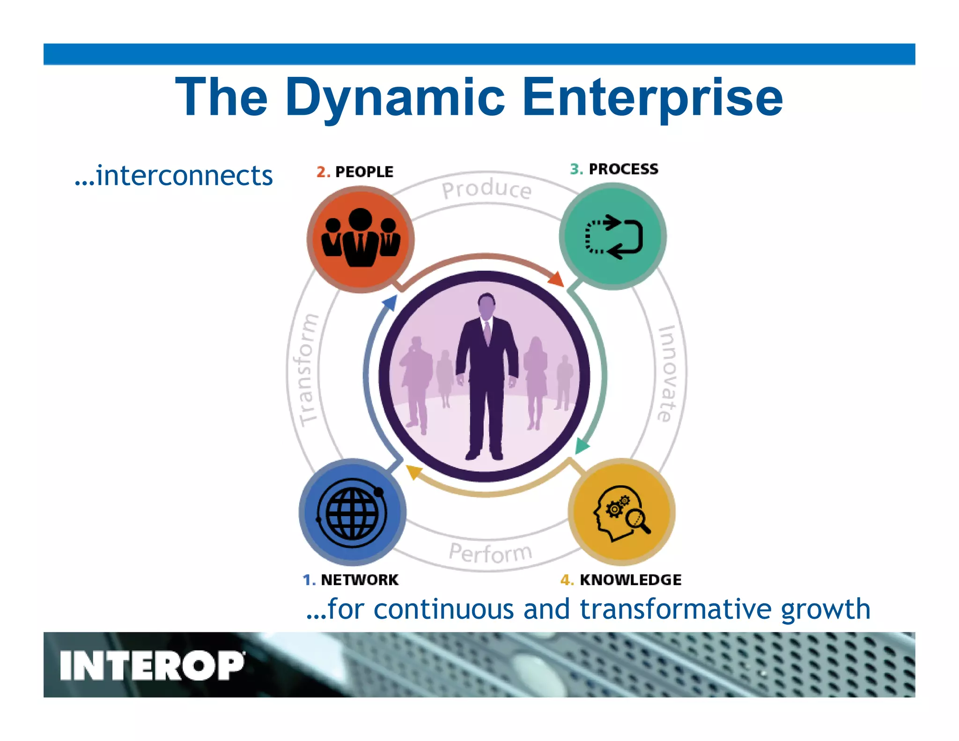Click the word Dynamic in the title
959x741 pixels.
coord(395,97)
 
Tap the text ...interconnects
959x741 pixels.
coord(173,176)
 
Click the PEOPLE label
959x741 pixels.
coord(364,172)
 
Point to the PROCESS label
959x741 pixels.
coord(623,169)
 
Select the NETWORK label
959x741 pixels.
coord(359,580)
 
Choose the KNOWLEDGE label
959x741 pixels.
coord(630,580)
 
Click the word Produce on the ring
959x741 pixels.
coord(487,189)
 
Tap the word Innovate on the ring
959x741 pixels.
coord(668,373)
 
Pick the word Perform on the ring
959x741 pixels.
coord(490,553)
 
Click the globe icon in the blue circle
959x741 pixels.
coord(352,512)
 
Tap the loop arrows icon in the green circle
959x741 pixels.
coord(613,237)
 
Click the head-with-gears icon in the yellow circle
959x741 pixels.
coord(621,513)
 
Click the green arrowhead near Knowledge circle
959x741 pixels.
coord(581,445)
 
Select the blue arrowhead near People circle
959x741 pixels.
coord(390,303)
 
